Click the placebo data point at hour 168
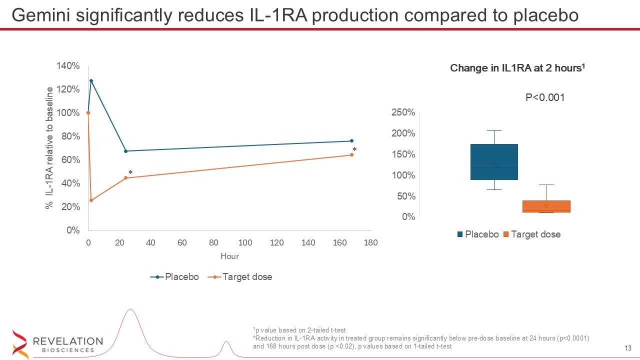[x=351, y=141]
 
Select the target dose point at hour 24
[x=125, y=178]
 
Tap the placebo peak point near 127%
[x=91, y=80]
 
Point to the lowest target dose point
[x=91, y=200]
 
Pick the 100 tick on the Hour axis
[x=245, y=243]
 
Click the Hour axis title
[x=229, y=256]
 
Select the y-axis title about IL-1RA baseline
[x=49, y=148]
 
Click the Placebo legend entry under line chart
[x=174, y=277]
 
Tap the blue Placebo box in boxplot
[x=494, y=161]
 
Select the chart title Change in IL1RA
[x=517, y=68]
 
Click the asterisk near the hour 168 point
[x=354, y=150]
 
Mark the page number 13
[x=628, y=348]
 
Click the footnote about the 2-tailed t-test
[x=299, y=330]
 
